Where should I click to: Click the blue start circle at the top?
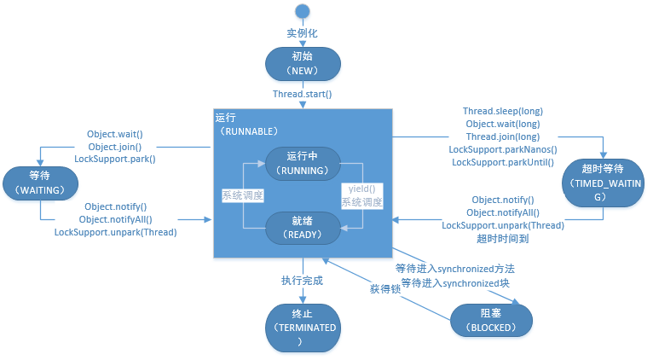(x=303, y=11)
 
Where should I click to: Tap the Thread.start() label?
(x=303, y=94)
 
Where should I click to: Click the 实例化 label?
(x=303, y=32)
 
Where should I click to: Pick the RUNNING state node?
(x=303, y=163)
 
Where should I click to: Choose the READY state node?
(x=303, y=225)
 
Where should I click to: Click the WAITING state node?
(x=40, y=182)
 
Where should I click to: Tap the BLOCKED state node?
(x=491, y=320)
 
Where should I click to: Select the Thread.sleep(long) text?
(x=503, y=112)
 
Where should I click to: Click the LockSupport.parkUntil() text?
(x=503, y=162)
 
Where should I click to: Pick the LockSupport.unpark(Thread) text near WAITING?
(x=115, y=232)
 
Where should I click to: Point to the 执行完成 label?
(x=303, y=281)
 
